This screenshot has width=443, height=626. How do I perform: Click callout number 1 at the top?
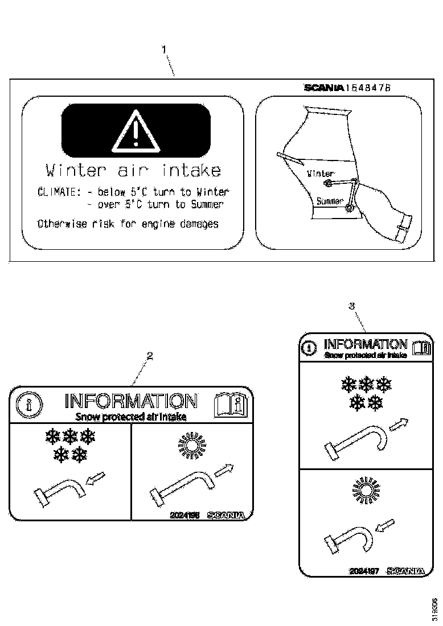[x=165, y=50]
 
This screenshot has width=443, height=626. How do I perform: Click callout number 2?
[x=149, y=356]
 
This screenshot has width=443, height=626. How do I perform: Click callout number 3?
[x=352, y=306]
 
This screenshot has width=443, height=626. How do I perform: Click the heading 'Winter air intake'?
[x=133, y=170]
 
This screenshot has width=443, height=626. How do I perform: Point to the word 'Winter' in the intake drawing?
[x=321, y=173]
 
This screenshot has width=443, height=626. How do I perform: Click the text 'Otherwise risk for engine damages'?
[x=128, y=224]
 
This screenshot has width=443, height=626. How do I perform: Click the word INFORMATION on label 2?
[x=132, y=401]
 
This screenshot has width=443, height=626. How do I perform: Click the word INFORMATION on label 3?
[x=365, y=344]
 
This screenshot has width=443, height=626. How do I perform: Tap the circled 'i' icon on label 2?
[x=27, y=405]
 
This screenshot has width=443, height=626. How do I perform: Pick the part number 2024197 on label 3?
[x=364, y=570]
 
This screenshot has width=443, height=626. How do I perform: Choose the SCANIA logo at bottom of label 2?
[x=226, y=514]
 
